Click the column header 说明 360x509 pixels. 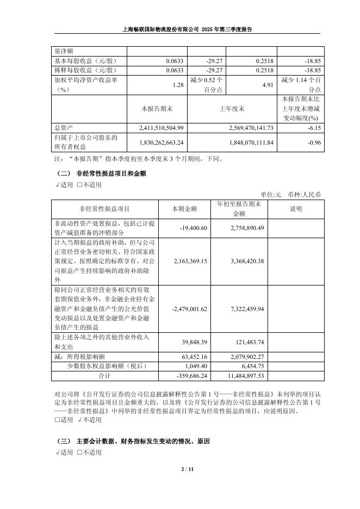296,209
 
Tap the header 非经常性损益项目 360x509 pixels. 104,209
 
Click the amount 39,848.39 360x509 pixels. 195,342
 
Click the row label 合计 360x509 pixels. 104,375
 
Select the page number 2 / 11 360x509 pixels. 179,469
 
